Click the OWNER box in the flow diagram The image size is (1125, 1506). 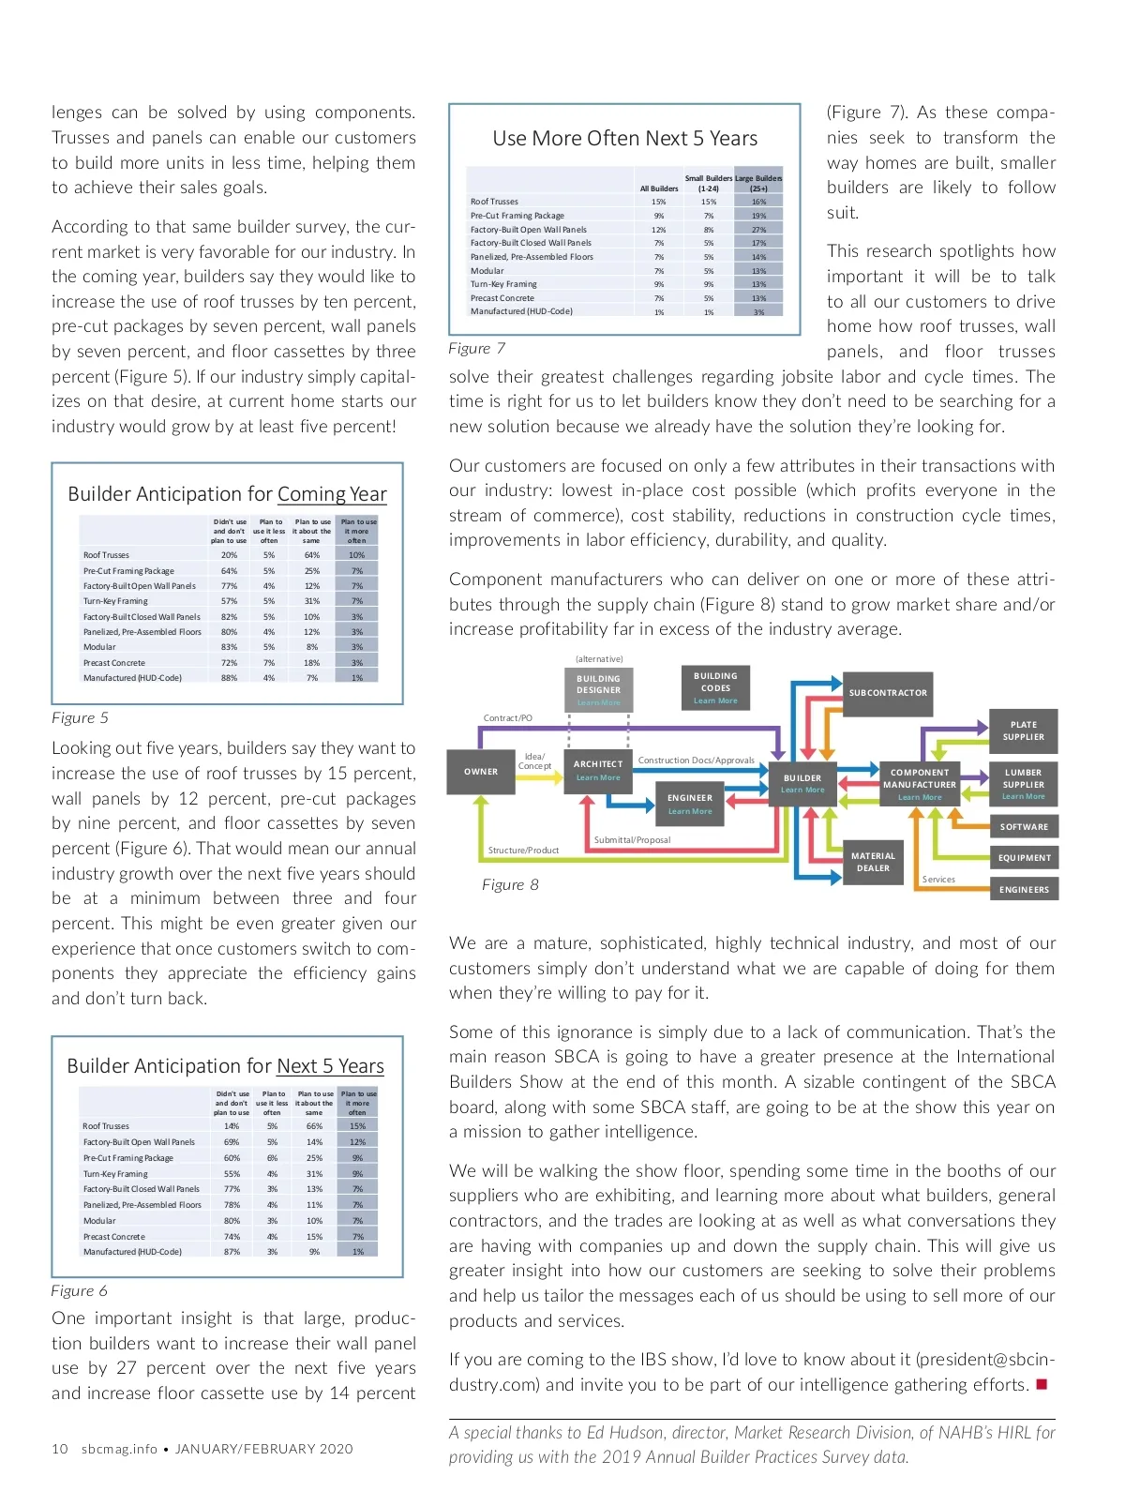[x=481, y=772]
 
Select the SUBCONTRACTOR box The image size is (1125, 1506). [x=888, y=693]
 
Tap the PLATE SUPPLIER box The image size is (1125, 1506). [x=1023, y=730]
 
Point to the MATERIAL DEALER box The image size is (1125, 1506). [x=873, y=862]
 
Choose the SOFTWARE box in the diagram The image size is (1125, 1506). [x=1024, y=827]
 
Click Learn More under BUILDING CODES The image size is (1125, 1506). [x=715, y=700]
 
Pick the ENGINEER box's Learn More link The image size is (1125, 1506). [x=690, y=811]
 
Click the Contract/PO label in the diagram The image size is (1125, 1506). [x=507, y=718]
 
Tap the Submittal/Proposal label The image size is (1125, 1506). [x=632, y=840]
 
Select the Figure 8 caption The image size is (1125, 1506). [x=510, y=884]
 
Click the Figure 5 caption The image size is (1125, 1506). [x=80, y=717]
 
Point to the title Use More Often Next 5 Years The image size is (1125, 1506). [x=624, y=139]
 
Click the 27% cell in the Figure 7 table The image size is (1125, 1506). [x=758, y=230]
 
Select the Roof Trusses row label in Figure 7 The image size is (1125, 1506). [x=494, y=202]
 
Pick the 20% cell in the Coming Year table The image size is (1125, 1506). [x=229, y=555]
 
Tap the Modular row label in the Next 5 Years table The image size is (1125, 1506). [x=99, y=1221]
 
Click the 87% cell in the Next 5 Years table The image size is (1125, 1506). [x=232, y=1252]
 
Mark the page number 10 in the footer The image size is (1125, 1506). [x=60, y=1449]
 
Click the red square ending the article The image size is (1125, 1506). [x=1042, y=1385]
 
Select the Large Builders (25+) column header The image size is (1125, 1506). [x=758, y=183]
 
